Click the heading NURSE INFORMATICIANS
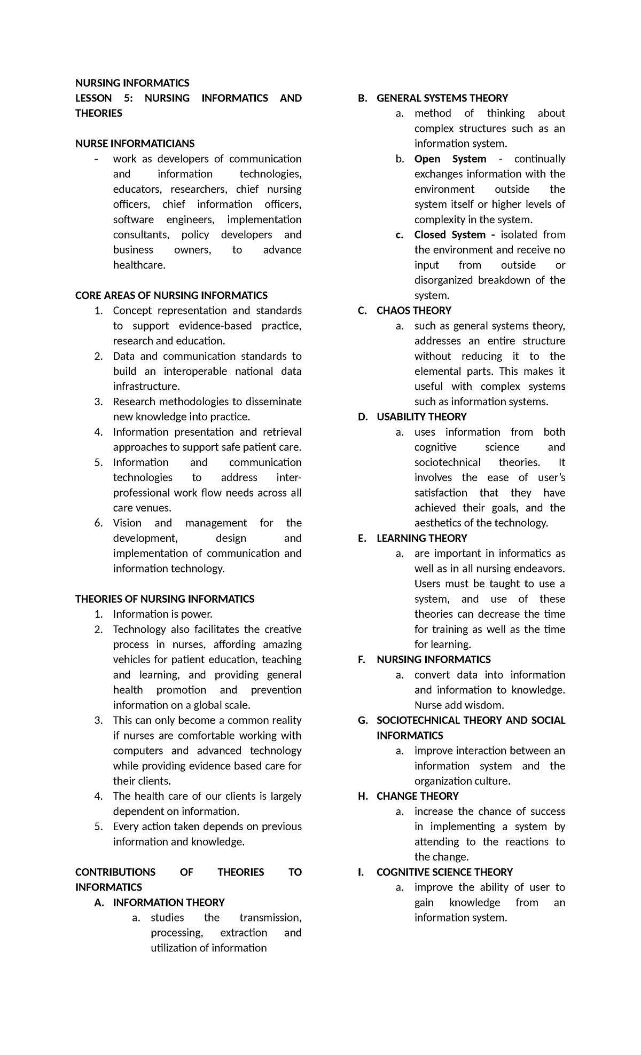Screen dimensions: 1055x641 135,144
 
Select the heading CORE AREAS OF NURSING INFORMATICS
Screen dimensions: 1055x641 171,295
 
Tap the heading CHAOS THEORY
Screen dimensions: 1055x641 413,311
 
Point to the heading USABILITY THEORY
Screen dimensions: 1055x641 421,417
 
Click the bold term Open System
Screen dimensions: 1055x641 450,159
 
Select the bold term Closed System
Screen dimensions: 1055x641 449,235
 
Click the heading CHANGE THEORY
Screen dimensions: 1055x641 417,796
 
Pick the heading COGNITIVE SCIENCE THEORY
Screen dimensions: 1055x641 444,872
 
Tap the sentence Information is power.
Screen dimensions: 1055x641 163,614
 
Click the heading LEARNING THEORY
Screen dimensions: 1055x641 421,538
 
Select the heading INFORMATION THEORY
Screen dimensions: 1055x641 168,902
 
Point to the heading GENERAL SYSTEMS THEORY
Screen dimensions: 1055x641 442,98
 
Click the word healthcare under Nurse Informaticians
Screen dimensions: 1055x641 139,265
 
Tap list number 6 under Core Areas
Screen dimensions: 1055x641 98,523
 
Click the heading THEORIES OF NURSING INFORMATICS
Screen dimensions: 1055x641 165,599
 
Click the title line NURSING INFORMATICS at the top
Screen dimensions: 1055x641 132,83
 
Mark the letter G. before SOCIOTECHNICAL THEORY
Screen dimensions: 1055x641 363,720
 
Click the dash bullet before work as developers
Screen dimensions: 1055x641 96,159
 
